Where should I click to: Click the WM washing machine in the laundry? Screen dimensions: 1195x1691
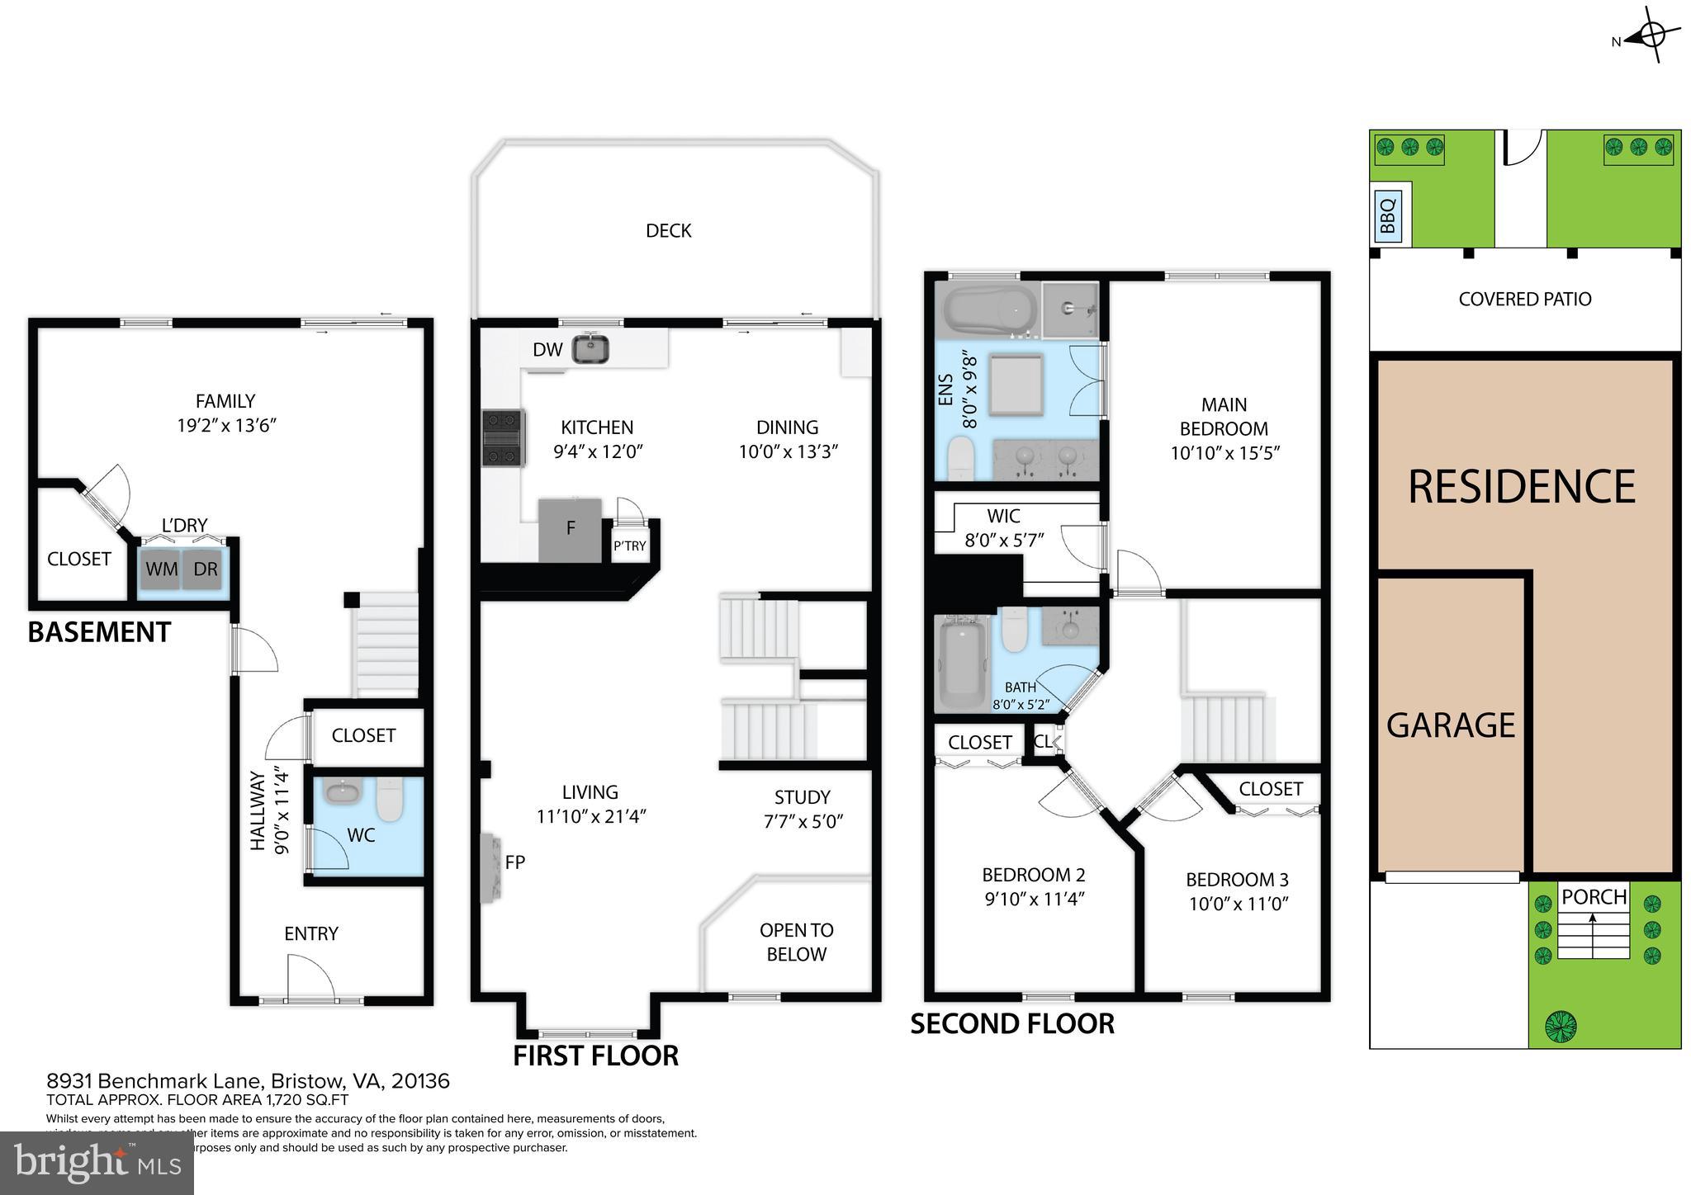point(161,569)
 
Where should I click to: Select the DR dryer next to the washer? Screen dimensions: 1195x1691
point(205,569)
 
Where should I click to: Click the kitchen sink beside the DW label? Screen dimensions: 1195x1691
point(591,348)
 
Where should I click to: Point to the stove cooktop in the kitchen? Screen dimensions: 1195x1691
point(503,438)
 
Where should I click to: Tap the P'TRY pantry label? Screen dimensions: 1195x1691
point(629,546)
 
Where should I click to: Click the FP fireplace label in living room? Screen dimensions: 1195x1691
point(515,862)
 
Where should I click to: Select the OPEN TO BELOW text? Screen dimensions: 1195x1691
point(796,942)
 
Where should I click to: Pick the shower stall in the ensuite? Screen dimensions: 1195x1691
point(1070,309)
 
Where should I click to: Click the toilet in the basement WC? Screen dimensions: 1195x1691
point(389,798)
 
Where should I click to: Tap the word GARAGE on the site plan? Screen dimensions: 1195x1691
point(1450,725)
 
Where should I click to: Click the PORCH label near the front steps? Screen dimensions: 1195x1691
point(1594,896)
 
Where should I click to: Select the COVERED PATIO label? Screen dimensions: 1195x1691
point(1524,299)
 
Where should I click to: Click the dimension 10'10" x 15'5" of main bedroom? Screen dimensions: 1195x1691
point(1224,452)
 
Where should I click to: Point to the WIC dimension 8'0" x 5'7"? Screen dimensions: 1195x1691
point(1004,541)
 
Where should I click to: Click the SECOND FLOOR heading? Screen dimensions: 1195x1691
point(1012,1023)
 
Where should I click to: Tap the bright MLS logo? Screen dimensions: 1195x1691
point(97,1163)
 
